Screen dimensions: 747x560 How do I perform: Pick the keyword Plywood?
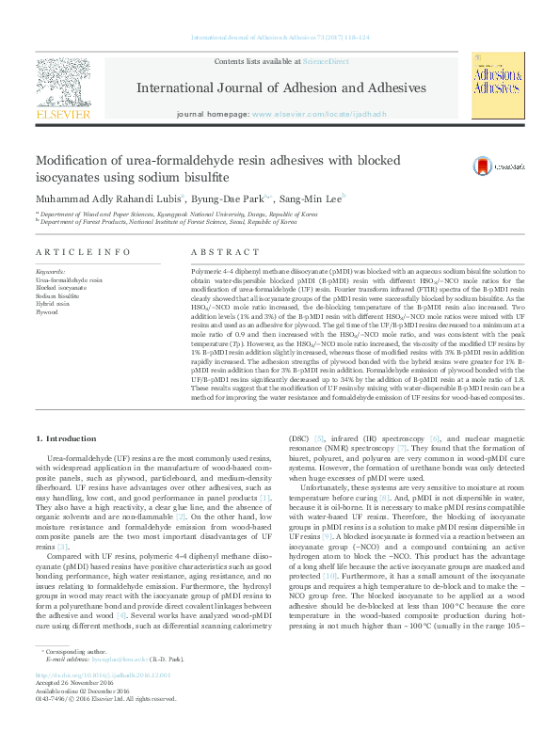tap(47, 311)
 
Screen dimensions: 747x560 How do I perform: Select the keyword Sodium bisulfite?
tap(57, 295)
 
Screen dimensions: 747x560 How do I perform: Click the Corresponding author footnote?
tap(74, 677)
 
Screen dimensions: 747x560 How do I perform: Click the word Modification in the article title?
tap(79, 160)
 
